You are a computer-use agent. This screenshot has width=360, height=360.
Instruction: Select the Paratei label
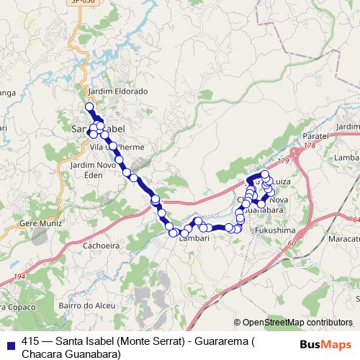pyautogui.click(x=315, y=135)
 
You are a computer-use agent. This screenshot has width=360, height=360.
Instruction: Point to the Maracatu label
pyautogui.click(x=344, y=238)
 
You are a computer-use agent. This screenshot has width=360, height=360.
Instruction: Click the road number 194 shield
pyautogui.click(x=19, y=277)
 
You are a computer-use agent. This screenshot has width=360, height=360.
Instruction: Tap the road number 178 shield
pyautogui.click(x=309, y=146)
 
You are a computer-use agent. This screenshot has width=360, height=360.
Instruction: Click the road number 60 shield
pyautogui.click(x=292, y=244)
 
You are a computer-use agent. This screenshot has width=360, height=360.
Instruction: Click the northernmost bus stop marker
pyautogui.click(x=90, y=107)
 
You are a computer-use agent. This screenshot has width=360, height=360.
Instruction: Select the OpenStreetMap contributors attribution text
pyautogui.click(x=298, y=323)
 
